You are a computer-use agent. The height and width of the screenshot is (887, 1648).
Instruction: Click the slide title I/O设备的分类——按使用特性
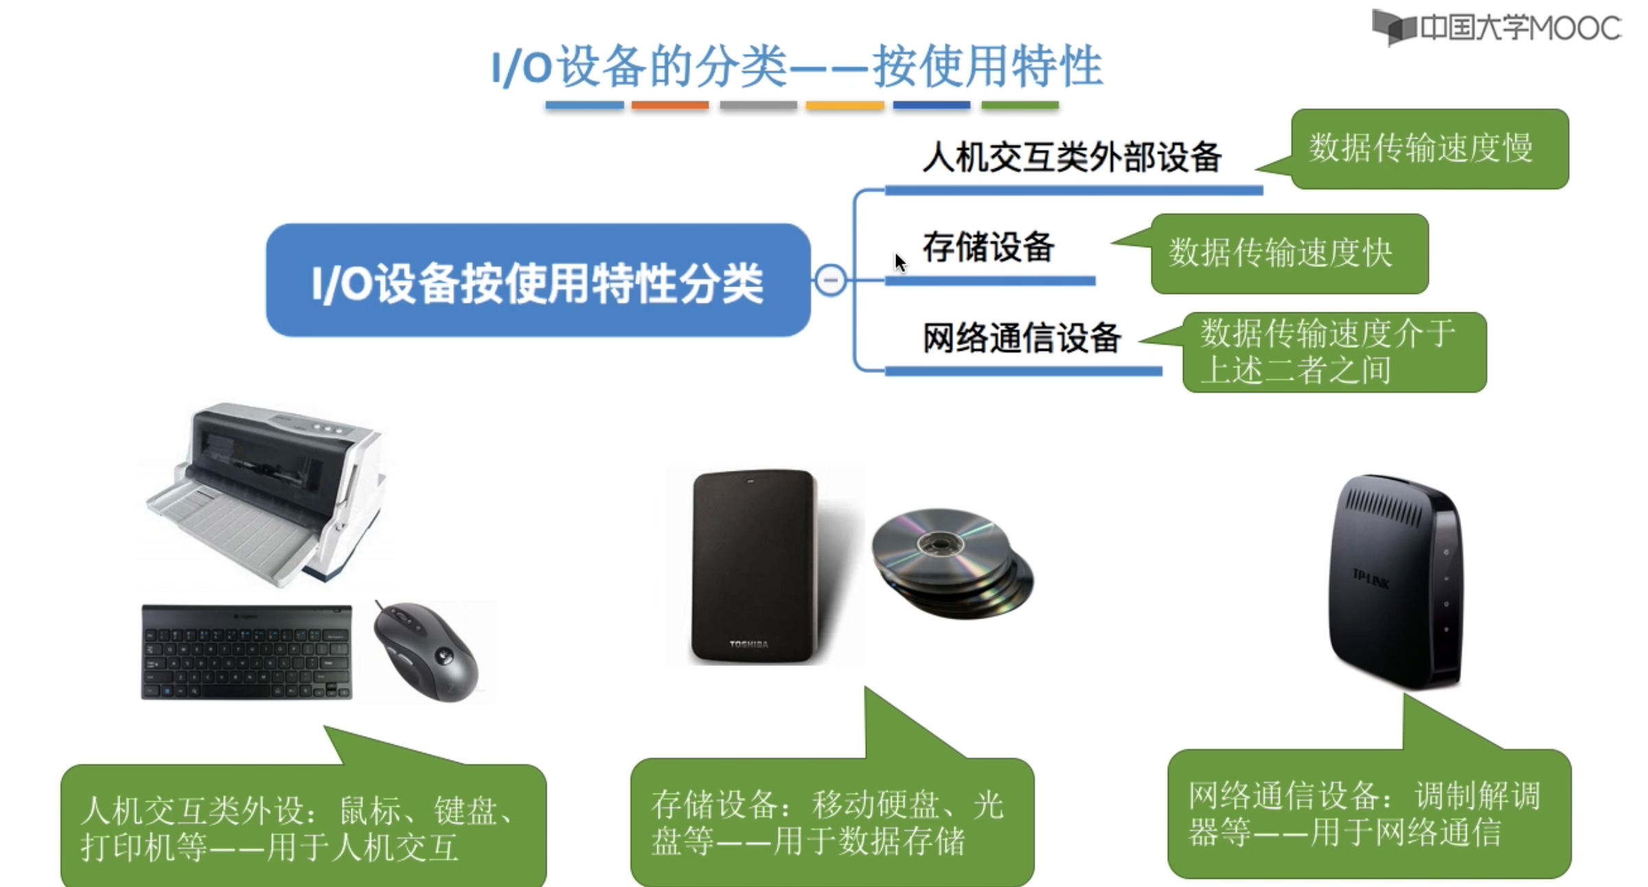[x=797, y=67]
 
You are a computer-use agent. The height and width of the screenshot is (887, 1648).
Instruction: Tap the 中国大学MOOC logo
[x=1497, y=27]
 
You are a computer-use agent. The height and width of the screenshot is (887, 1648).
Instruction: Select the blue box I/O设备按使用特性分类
[x=538, y=280]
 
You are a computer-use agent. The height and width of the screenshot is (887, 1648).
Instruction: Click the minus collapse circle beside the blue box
[x=830, y=280]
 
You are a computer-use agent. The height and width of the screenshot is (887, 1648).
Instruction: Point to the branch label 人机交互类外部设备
[x=1071, y=157]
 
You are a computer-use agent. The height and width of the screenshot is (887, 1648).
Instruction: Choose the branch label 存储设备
[x=988, y=247]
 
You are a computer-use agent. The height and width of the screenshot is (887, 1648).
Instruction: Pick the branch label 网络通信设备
[x=1021, y=338]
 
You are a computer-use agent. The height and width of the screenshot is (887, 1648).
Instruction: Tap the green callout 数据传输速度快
[x=1288, y=253]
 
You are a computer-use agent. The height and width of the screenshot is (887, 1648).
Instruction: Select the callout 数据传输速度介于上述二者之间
[x=1334, y=352]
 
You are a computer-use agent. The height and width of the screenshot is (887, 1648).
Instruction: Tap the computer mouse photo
[x=426, y=652]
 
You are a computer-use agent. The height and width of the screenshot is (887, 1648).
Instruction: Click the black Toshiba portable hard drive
[x=754, y=566]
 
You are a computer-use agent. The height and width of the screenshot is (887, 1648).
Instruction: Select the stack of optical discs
[x=951, y=563]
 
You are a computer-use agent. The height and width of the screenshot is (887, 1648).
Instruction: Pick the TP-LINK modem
[x=1397, y=580]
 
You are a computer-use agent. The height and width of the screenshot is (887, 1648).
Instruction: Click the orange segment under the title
[x=669, y=106]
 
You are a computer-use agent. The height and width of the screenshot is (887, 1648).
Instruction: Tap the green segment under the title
[x=1020, y=106]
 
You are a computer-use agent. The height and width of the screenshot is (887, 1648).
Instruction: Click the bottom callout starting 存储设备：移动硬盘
[x=831, y=822]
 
